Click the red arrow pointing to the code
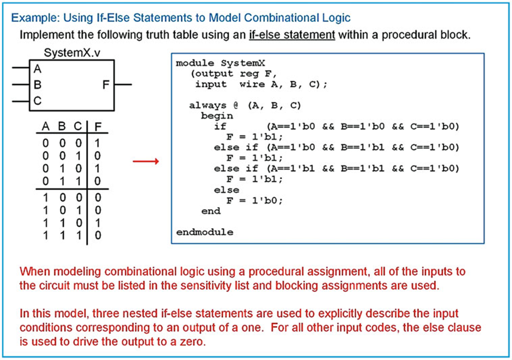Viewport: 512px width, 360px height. [x=145, y=161]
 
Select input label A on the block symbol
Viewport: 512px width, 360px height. [x=38, y=69]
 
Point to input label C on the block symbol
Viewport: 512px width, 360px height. [x=38, y=101]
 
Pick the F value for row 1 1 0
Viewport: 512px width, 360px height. [x=97, y=224]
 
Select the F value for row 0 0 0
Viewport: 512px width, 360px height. [x=97, y=144]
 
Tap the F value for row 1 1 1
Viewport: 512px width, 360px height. [x=97, y=235]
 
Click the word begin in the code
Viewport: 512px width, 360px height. [x=217, y=116]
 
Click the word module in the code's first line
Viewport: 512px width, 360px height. [x=193, y=63]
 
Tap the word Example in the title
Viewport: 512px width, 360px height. [x=31, y=18]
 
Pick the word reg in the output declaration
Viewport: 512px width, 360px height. [x=255, y=74]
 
